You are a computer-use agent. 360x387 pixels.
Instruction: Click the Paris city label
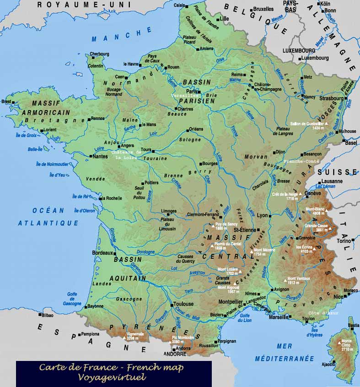(x=192, y=91)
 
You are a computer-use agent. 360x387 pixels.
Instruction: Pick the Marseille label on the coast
(x=279, y=317)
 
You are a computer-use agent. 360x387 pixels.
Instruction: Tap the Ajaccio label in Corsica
(x=328, y=364)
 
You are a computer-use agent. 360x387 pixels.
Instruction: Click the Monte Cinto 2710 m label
(x=346, y=345)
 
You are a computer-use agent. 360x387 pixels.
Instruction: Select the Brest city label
(x=6, y=101)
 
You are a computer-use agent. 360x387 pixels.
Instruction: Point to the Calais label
(x=180, y=5)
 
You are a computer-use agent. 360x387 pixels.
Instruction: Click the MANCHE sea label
(x=121, y=35)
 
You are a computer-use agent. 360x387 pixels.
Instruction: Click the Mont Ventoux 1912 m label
(x=299, y=281)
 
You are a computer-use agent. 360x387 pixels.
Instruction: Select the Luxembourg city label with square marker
(x=315, y=58)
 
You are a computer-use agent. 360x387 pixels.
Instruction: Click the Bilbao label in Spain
(x=46, y=315)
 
